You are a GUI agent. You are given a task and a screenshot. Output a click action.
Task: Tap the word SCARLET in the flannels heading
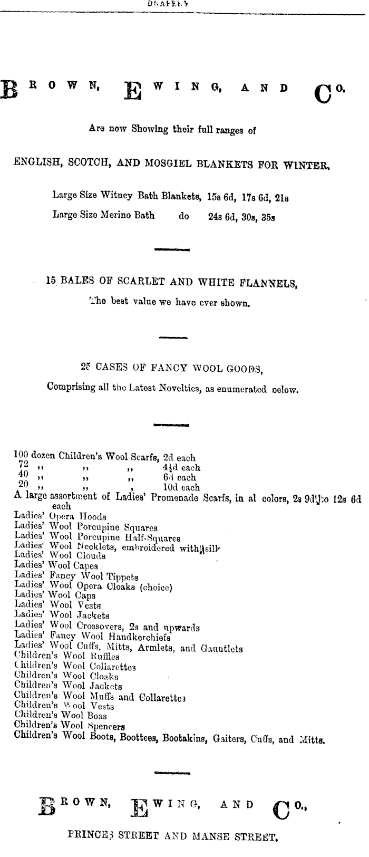click(141, 282)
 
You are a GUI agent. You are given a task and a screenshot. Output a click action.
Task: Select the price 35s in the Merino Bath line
click(269, 216)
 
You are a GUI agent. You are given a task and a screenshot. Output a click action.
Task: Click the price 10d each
click(181, 488)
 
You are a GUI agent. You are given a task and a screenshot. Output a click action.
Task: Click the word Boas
click(96, 716)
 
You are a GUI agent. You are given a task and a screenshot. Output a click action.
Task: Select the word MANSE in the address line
click(208, 822)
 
